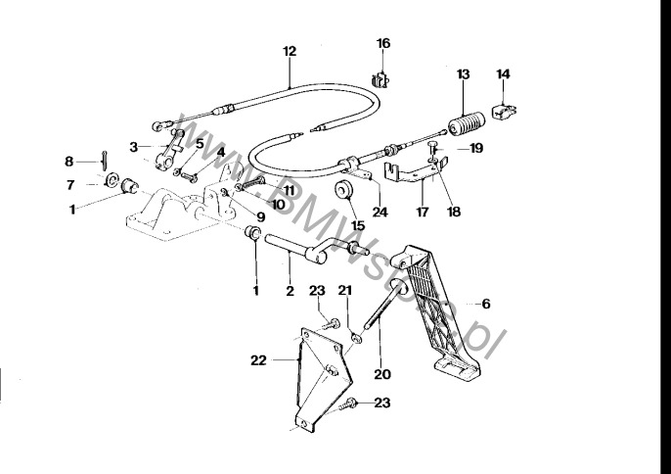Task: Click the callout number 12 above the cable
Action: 289,50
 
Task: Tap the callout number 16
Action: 383,43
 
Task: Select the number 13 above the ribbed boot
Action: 464,73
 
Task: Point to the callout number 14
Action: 504,73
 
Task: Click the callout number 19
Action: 477,149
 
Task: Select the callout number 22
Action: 258,360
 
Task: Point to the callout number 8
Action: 69,161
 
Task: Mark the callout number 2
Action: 290,291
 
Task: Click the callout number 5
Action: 200,143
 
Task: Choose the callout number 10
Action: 278,206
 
